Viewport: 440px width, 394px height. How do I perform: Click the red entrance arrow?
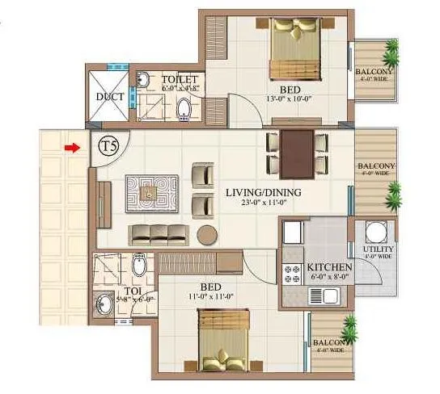point(73,148)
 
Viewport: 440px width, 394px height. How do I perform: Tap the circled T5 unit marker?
point(108,147)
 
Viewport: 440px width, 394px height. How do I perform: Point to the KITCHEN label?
point(328,266)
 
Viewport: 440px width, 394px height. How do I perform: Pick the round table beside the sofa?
point(208,235)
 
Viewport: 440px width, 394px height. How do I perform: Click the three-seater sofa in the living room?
point(160,234)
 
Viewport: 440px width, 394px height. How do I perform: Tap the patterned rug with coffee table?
point(150,193)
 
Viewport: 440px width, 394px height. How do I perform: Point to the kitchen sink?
point(333,295)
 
